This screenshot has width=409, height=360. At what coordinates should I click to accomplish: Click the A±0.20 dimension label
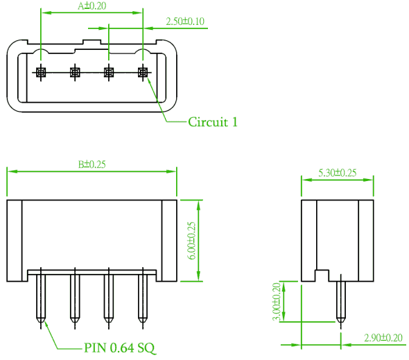[92, 6]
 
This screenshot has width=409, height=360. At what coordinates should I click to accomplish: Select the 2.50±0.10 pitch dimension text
[185, 22]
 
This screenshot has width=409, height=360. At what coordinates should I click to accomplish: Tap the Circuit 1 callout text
[213, 122]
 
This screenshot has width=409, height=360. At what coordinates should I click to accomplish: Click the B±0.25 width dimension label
[92, 164]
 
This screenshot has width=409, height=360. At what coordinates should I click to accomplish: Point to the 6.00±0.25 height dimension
[191, 241]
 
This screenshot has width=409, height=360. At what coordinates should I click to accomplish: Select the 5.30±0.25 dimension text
[338, 173]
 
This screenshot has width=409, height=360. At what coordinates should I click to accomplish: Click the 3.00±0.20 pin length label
[277, 302]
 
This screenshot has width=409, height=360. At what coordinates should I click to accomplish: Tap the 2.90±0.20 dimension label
[383, 338]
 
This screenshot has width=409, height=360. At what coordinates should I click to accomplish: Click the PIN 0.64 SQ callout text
[119, 348]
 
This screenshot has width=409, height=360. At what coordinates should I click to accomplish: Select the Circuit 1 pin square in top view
[143, 72]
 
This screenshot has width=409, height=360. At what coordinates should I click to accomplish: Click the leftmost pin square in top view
[41, 72]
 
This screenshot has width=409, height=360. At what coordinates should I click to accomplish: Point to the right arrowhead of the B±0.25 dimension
[171, 171]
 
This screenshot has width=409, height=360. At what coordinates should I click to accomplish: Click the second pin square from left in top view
[75, 72]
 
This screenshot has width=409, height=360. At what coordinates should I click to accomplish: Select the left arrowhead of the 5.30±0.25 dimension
[306, 180]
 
